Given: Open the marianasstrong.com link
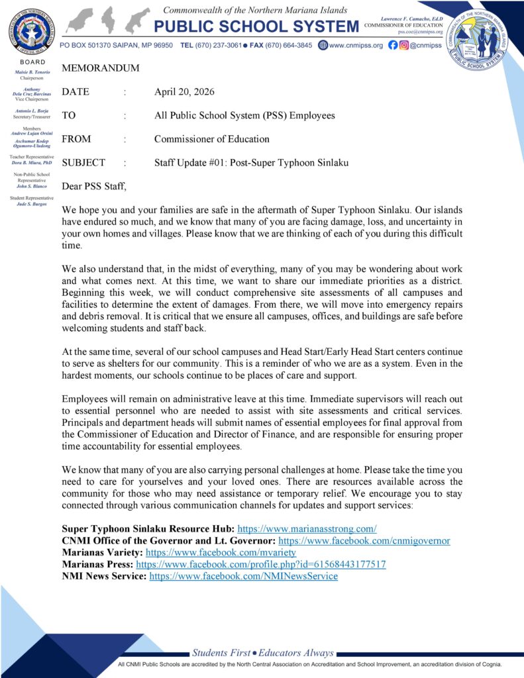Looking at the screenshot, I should pos(307,529).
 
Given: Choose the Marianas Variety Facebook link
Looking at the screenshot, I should pos(221,553).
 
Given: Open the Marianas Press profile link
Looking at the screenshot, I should pos(261,565).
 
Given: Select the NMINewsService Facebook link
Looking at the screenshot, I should pos(243,577).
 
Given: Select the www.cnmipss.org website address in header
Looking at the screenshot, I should pos(356,46).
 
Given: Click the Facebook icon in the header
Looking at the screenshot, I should pos(393,45).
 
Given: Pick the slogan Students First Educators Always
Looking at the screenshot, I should pos(262,653).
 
